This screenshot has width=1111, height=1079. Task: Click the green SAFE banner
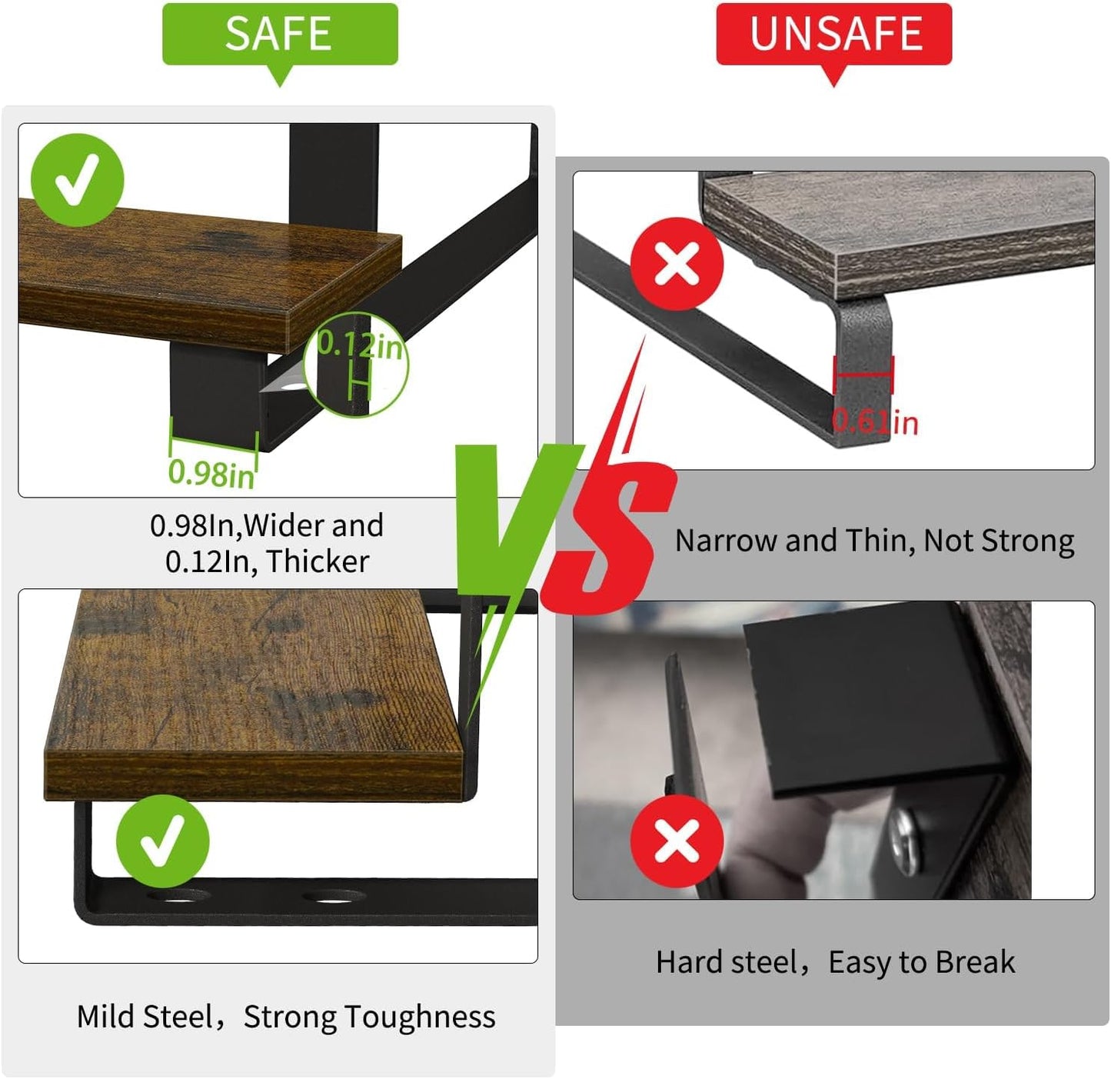(280, 35)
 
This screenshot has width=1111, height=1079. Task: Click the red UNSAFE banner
(833, 35)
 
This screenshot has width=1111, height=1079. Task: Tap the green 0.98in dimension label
(211, 474)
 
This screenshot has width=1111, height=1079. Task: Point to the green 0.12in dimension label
(361, 345)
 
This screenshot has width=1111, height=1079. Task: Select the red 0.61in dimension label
(875, 423)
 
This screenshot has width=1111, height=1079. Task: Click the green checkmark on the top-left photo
(77, 181)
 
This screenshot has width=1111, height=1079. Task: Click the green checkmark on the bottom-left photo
(163, 841)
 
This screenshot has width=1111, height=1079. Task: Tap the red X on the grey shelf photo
(677, 264)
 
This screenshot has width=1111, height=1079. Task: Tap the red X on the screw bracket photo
(677, 841)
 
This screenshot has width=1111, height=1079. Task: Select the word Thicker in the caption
(318, 561)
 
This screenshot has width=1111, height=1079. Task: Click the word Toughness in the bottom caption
(421, 1017)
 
